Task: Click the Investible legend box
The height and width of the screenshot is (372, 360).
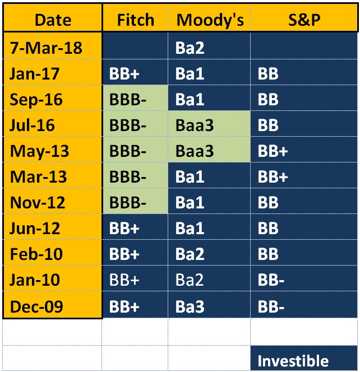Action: pyautogui.click(x=304, y=358)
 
